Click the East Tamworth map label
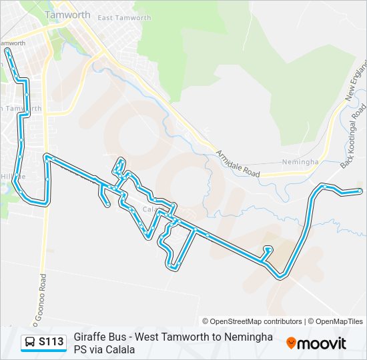coord(124,17)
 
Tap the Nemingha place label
coord(300,162)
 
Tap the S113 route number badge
coord(51,342)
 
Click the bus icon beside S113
coord(30,343)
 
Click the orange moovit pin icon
coord(291,343)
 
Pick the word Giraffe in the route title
coord(88,337)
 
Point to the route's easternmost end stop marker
coord(360,191)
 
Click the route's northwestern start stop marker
coord(7,50)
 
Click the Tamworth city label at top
coord(67,14)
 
